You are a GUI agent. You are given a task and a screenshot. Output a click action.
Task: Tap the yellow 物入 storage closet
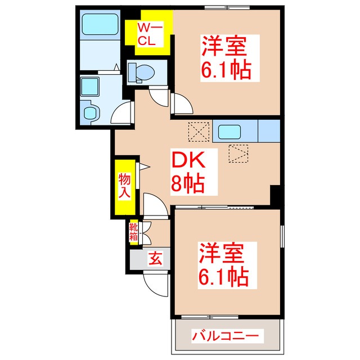tap(124, 186)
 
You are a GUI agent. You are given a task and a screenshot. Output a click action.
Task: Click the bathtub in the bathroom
tap(100, 25)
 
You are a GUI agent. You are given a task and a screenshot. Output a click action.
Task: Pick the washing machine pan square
tap(89, 87)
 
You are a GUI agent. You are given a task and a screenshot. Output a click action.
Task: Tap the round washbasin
tap(91, 111)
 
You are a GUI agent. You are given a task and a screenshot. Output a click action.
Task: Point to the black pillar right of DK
tap(276, 195)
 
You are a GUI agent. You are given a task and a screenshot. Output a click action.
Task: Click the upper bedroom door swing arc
tap(181, 103)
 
